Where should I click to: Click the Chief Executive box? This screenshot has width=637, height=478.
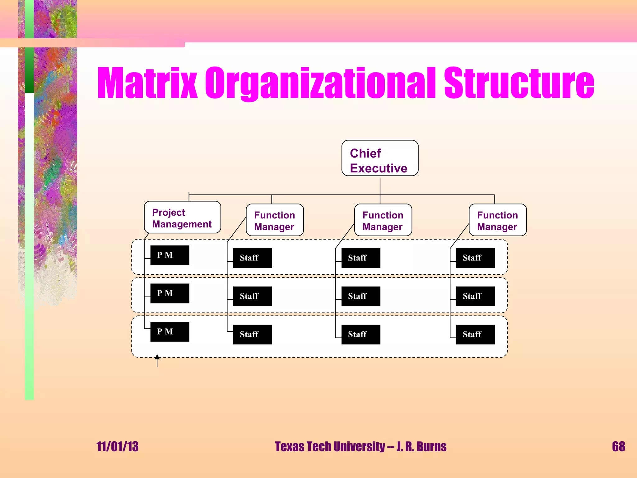(x=380, y=158)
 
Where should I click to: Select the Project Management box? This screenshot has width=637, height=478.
(x=183, y=218)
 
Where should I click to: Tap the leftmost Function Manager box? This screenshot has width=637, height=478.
(x=275, y=220)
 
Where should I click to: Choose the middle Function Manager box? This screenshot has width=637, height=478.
(x=383, y=220)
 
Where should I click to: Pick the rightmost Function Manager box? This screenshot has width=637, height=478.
(x=497, y=220)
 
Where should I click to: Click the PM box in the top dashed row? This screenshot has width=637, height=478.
(x=170, y=255)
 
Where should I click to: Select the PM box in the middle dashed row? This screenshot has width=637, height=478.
(x=170, y=293)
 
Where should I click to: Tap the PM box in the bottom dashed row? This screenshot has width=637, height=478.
(x=170, y=332)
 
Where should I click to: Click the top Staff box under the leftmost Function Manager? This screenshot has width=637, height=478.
(x=253, y=258)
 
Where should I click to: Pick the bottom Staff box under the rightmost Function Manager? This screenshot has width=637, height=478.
(x=475, y=335)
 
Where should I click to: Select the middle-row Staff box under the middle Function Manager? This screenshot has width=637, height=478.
(x=361, y=296)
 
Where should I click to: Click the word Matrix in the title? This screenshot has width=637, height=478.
(x=147, y=83)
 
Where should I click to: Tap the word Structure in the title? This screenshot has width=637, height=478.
(x=519, y=83)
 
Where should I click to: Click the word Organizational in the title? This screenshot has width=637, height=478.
(x=320, y=83)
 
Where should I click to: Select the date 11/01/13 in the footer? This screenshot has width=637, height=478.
(x=117, y=447)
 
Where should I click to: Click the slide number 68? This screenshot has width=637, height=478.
(x=618, y=447)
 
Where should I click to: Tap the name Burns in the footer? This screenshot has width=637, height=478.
(x=431, y=447)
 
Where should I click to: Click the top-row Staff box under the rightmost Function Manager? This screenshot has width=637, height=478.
(x=475, y=258)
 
